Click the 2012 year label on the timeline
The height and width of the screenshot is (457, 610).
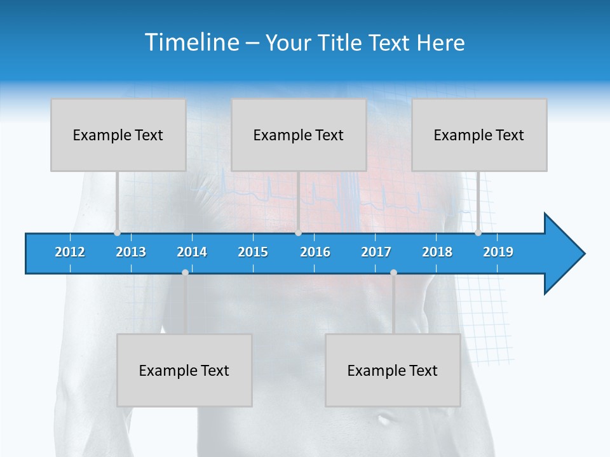[70, 252]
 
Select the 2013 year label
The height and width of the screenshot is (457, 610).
[131, 252]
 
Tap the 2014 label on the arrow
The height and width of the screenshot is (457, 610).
[192, 252]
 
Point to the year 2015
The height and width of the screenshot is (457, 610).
[253, 252]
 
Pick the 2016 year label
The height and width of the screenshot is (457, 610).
[315, 252]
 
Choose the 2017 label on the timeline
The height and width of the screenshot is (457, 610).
[376, 252]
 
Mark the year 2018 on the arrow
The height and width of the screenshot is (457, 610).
[437, 252]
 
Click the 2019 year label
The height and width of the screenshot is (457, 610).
[498, 252]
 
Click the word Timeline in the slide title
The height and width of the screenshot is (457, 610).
[192, 43]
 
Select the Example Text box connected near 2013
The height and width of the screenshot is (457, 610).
[118, 135]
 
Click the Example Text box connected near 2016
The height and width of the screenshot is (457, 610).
[299, 135]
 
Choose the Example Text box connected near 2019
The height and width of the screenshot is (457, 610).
[479, 135]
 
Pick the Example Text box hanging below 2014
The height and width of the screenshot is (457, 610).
[184, 371]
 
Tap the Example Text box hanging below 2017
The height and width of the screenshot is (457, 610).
[393, 371]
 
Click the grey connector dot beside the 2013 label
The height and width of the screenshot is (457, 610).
[117, 232]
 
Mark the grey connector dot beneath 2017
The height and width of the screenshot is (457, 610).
[393, 272]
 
